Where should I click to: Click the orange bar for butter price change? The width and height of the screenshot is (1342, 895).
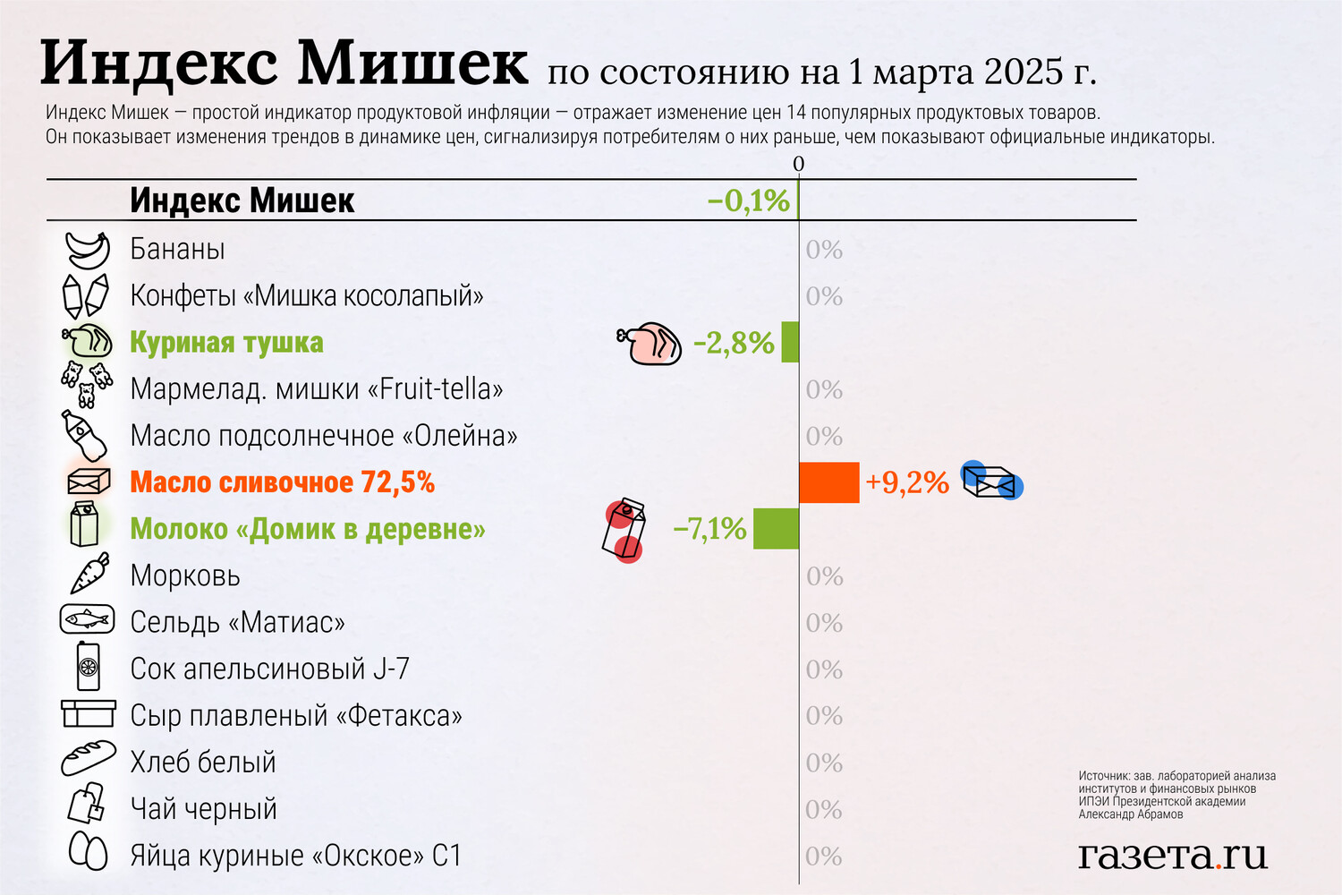[828, 482]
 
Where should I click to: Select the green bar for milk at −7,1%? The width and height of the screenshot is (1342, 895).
[776, 529]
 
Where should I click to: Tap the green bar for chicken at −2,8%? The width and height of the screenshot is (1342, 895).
[790, 342]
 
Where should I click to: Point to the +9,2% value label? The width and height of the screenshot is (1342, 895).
[906, 483]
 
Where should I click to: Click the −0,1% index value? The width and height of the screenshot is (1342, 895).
[748, 200]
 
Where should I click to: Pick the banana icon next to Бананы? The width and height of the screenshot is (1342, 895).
[88, 250]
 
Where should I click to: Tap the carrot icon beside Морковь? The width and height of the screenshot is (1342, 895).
[89, 574]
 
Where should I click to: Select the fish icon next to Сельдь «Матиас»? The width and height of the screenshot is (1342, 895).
[88, 619]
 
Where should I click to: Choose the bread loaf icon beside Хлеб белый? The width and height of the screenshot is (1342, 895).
[88, 759]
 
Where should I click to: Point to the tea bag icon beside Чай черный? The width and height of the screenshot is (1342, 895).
[87, 803]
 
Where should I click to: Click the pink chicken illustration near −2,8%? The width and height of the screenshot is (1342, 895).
[651, 344]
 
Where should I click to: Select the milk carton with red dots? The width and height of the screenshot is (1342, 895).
[624, 529]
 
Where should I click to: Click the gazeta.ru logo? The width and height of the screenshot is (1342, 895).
[1172, 855]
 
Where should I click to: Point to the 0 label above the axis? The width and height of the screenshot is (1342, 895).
[799, 164]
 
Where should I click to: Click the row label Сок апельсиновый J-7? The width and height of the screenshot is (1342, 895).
[269, 669]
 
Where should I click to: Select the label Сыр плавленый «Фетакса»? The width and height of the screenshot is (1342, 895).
[296, 716]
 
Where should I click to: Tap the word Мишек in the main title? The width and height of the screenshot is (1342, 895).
[412, 64]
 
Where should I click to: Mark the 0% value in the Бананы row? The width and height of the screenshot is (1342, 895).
[824, 251]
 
